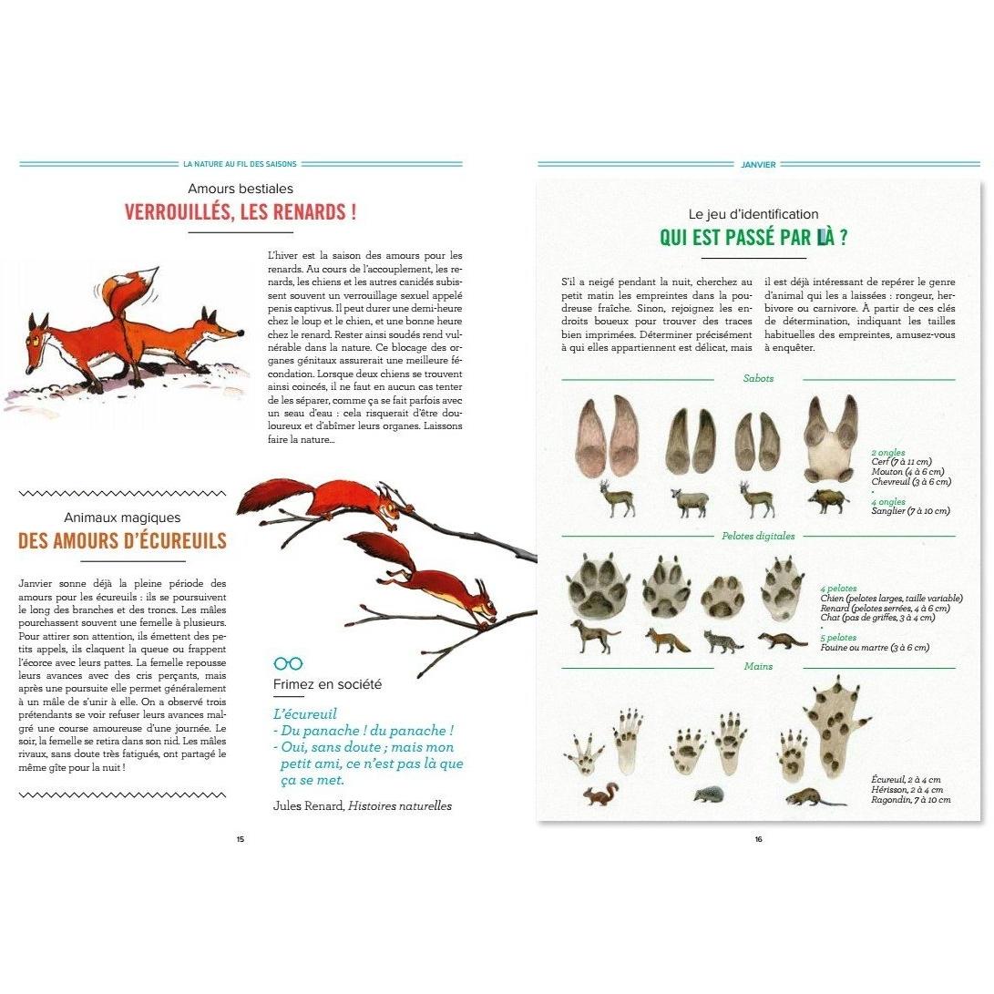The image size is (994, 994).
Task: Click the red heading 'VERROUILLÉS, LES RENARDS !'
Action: pyautogui.click(x=241, y=212)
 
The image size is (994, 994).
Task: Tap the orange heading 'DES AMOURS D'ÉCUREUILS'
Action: pyautogui.click(x=122, y=540)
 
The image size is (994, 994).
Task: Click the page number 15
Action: pyautogui.click(x=241, y=839)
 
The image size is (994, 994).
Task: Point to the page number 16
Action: pyautogui.click(x=758, y=839)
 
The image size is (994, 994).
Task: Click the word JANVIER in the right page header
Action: pyautogui.click(x=758, y=165)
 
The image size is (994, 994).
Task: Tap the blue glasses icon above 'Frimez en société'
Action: pyautogui.click(x=288, y=663)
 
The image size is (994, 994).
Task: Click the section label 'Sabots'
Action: pyautogui.click(x=758, y=378)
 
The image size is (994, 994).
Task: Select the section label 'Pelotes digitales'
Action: pyautogui.click(x=758, y=536)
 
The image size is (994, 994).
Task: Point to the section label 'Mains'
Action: pyautogui.click(x=758, y=666)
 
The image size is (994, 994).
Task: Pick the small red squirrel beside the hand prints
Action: pyautogui.click(x=600, y=794)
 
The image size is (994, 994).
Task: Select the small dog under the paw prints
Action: pyautogui.click(x=593, y=635)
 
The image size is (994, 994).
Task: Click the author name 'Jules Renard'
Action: pyautogui.click(x=308, y=805)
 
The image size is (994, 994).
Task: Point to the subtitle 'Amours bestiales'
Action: pyautogui.click(x=241, y=189)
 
